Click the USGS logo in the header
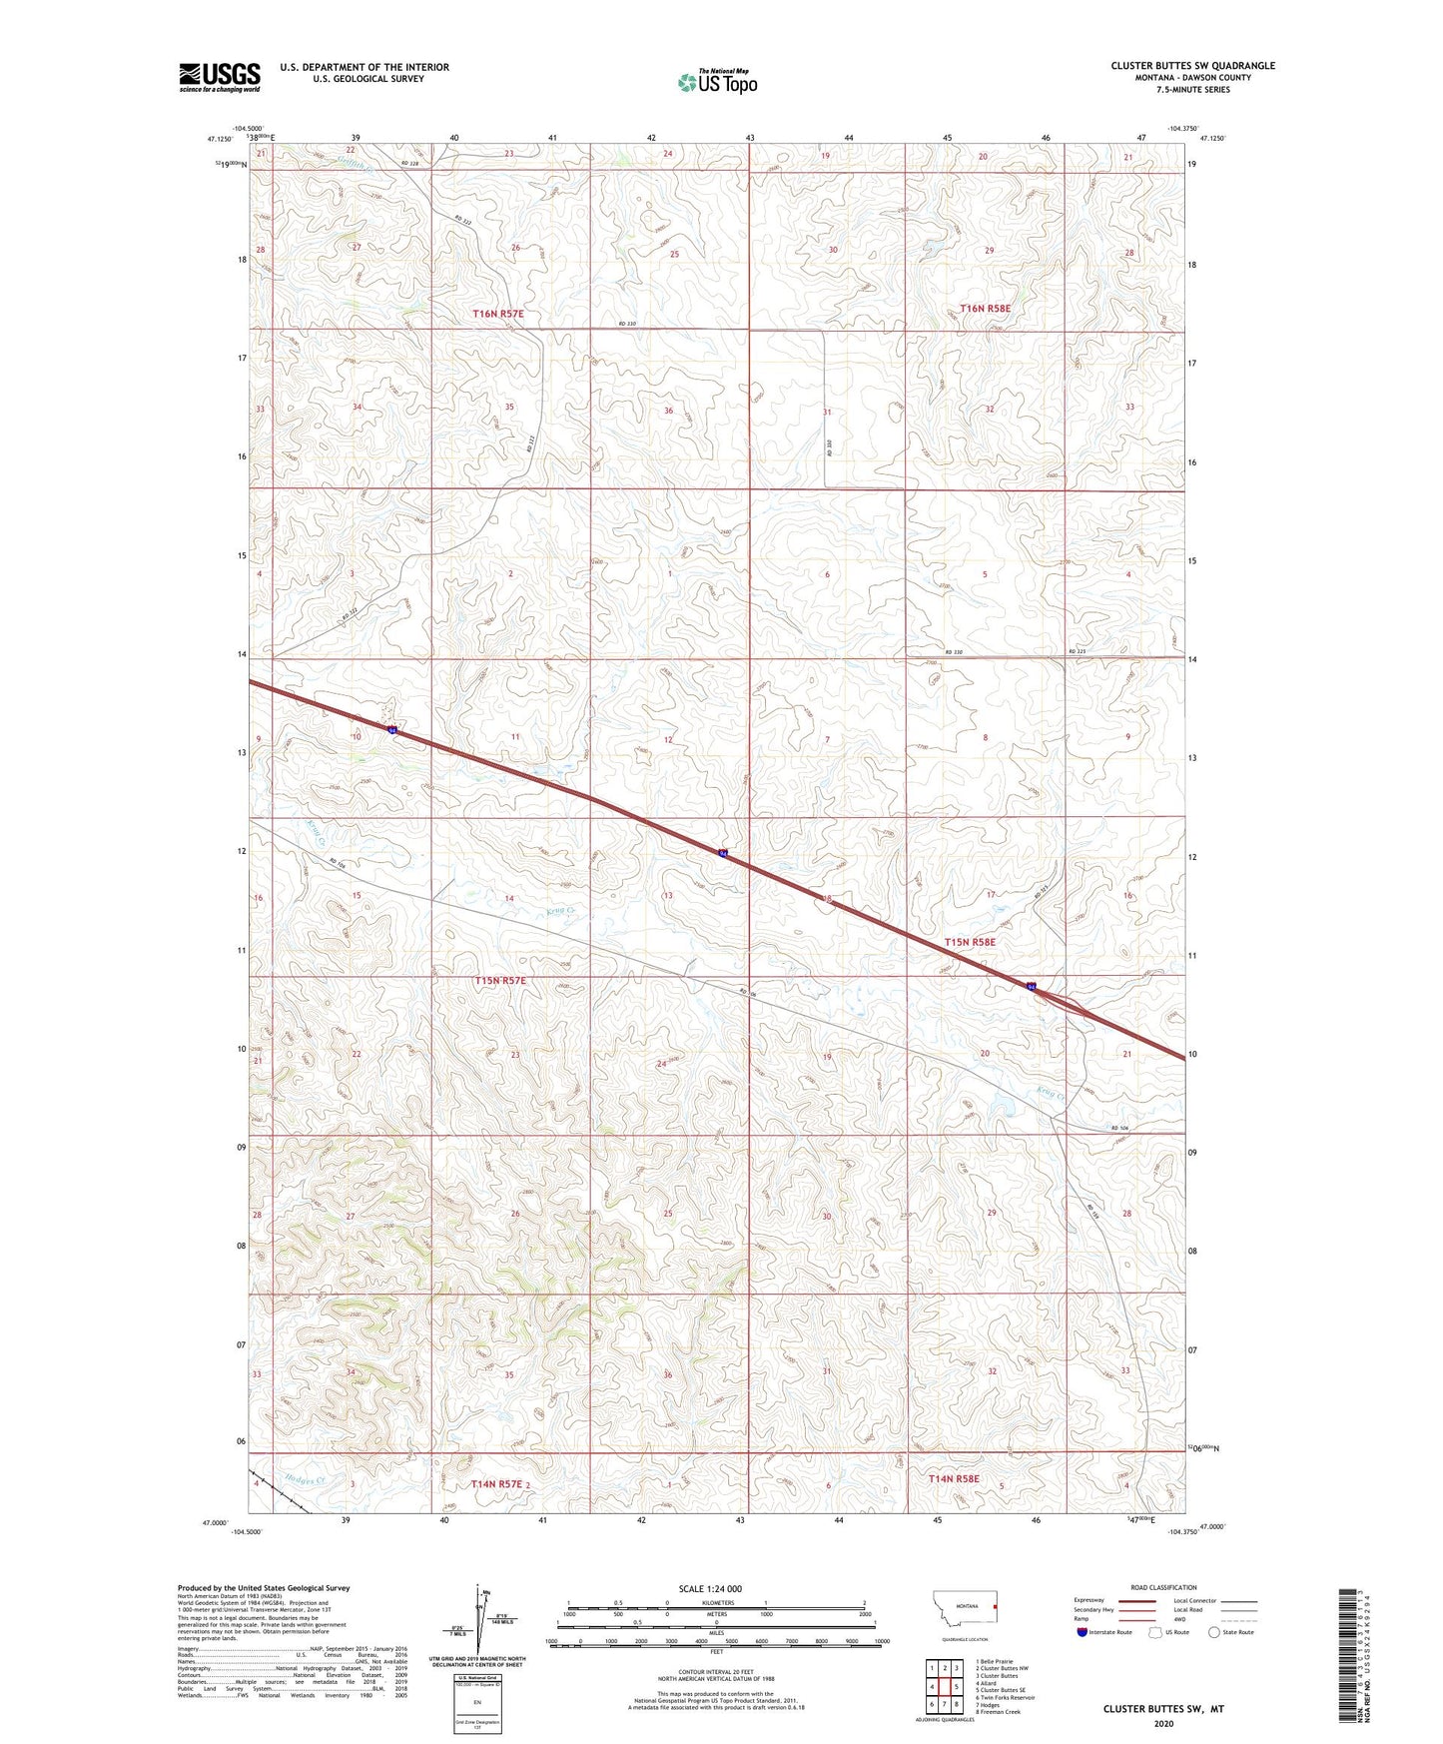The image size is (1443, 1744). point(220,77)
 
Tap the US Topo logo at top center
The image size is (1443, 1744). point(716,82)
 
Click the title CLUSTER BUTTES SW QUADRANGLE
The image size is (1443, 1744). point(1192,66)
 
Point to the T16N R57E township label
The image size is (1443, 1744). point(498,314)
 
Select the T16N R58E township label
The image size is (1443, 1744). point(985,309)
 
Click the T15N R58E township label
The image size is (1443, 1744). point(970,942)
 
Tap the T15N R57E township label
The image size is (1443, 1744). point(499,981)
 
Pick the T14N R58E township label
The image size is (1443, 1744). point(954,1478)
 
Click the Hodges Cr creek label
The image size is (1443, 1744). point(305,1481)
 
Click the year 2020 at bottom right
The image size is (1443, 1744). point(1162,1723)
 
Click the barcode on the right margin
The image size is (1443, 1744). point(1355,1667)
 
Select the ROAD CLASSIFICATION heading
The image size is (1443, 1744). point(1163,1587)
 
